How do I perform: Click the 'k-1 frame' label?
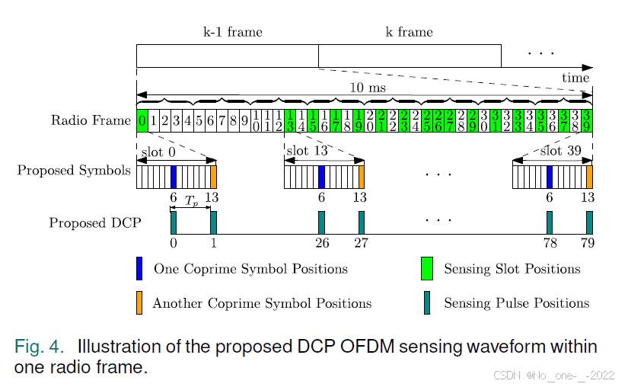[234, 32]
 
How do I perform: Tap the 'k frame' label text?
[410, 32]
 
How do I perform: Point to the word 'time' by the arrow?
[575, 78]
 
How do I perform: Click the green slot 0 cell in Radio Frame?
[142, 120]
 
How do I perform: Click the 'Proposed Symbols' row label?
[74, 170]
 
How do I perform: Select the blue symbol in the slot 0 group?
[174, 177]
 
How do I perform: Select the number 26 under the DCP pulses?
[321, 244]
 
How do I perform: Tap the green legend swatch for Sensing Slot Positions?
[427, 269]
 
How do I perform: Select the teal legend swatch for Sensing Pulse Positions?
[427, 302]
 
